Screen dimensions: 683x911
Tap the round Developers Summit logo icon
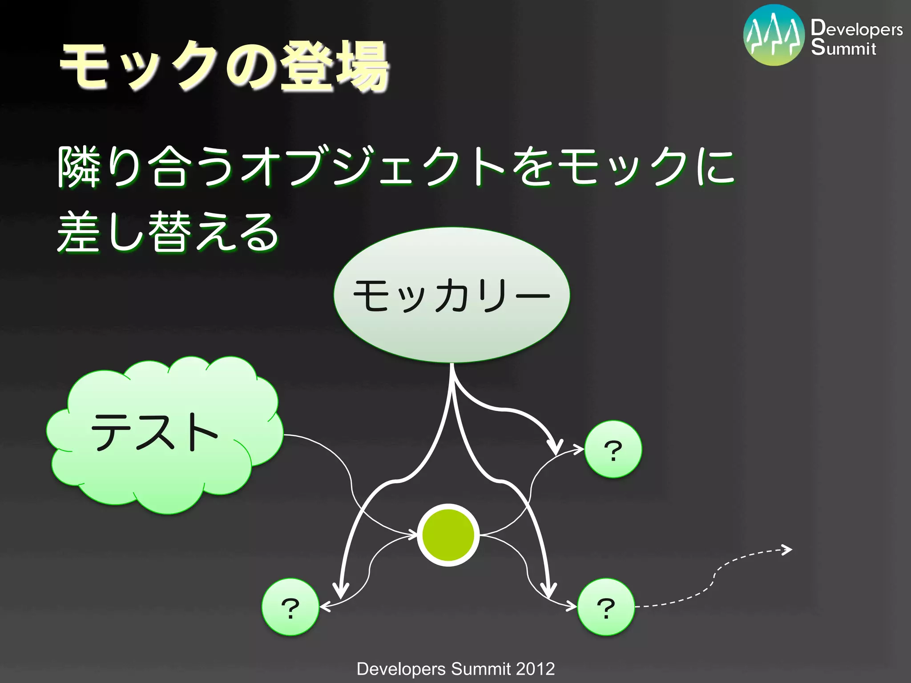774,36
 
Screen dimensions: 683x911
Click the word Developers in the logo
856,28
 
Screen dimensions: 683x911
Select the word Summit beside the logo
843,48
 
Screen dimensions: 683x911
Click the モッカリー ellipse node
451,295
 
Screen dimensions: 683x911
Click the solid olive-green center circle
448,535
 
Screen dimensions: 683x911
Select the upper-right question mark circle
613,450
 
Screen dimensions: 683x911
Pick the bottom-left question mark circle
290,607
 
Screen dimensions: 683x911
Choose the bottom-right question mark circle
606,607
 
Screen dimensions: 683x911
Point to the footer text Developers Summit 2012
455,669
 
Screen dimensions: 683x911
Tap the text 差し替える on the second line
168,232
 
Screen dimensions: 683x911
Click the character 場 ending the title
363,67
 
